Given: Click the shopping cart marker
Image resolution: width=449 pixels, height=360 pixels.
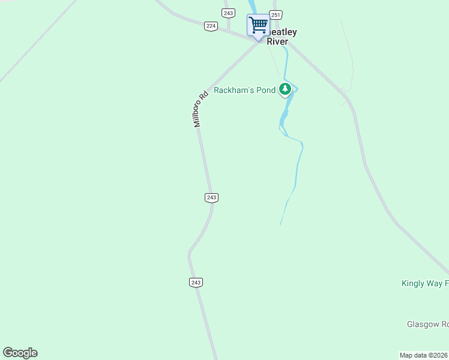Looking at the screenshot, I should [x=258, y=26].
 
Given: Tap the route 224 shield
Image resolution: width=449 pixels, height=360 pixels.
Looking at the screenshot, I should [x=210, y=26].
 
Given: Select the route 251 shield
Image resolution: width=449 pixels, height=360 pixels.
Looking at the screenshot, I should [x=275, y=15].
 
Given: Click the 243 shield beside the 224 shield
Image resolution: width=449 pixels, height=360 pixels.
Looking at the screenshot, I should [x=228, y=13].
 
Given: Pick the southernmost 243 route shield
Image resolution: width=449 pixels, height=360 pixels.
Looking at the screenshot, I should [x=195, y=282].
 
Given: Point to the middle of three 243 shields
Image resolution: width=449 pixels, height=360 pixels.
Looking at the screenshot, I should [x=211, y=197].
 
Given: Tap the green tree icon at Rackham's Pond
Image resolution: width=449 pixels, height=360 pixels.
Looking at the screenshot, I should [x=285, y=90].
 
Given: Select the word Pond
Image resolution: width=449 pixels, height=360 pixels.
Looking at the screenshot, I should [x=268, y=91].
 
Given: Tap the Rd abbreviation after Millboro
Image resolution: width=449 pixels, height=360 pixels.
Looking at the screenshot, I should [x=204, y=96].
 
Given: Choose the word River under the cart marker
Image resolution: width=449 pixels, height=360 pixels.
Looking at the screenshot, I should [x=277, y=42].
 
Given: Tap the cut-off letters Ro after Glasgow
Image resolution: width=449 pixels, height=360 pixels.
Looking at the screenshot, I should [x=445, y=324].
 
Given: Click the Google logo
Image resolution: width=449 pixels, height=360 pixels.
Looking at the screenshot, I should [x=20, y=353].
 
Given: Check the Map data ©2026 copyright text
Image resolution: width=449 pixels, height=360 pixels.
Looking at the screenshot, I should [x=424, y=355].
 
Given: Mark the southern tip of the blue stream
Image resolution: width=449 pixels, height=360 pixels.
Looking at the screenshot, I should [x=280, y=225].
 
